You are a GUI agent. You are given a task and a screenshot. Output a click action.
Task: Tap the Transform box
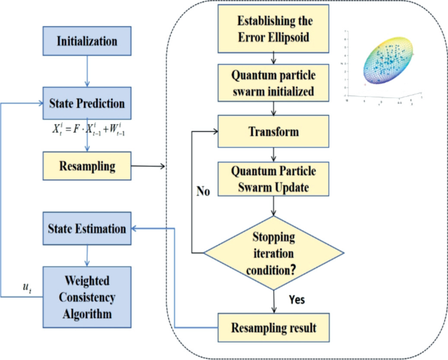pos(273,131)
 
